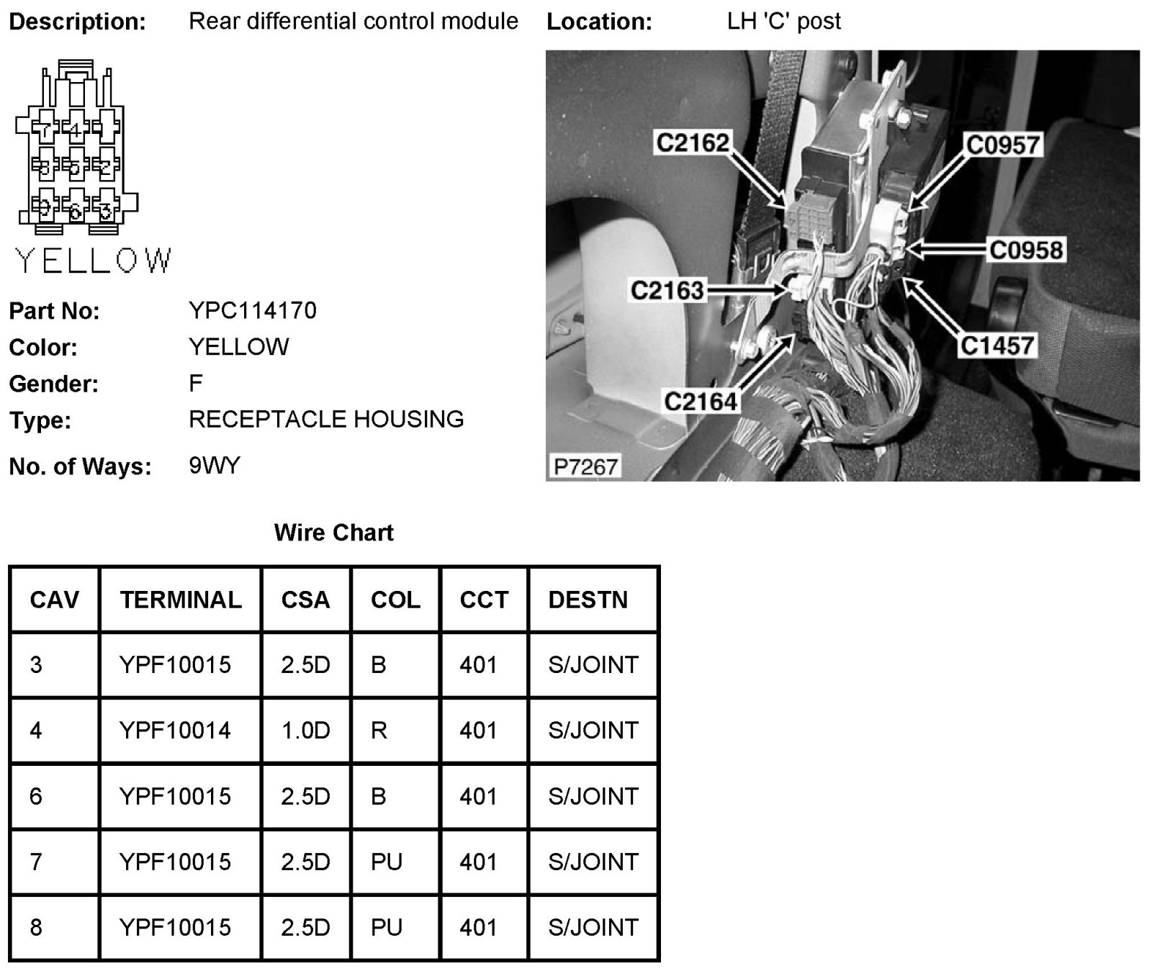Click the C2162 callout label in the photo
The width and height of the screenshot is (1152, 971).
pyautogui.click(x=692, y=143)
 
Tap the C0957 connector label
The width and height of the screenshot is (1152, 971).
pyautogui.click(x=1003, y=145)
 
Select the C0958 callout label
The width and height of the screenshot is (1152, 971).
pyautogui.click(x=1026, y=250)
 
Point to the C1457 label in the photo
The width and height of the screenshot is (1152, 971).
pyautogui.click(x=997, y=346)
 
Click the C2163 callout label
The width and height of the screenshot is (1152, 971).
pyautogui.click(x=667, y=290)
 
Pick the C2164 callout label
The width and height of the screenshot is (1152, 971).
pyautogui.click(x=701, y=401)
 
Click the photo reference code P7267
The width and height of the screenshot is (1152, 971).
pyautogui.click(x=585, y=466)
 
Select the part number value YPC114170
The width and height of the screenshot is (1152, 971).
pyautogui.click(x=252, y=310)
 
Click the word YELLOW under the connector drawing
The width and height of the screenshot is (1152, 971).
pyautogui.click(x=94, y=261)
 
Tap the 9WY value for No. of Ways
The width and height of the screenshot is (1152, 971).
pyautogui.click(x=214, y=466)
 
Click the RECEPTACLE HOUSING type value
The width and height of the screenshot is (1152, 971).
pyautogui.click(x=325, y=419)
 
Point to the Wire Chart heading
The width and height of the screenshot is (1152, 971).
pyautogui.click(x=333, y=533)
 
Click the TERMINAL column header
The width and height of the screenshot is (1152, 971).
pyautogui.click(x=181, y=600)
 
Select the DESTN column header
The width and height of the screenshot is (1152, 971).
pyautogui.click(x=588, y=600)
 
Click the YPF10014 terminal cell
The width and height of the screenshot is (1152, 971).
pyautogui.click(x=175, y=731)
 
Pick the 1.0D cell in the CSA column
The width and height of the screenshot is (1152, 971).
pyautogui.click(x=305, y=731)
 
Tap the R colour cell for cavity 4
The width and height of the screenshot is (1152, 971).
pyautogui.click(x=379, y=731)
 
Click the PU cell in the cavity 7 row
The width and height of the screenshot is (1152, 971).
pyautogui.click(x=386, y=862)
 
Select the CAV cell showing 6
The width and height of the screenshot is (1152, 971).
pyautogui.click(x=36, y=796)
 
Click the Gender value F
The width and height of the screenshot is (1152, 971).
pyautogui.click(x=195, y=383)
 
